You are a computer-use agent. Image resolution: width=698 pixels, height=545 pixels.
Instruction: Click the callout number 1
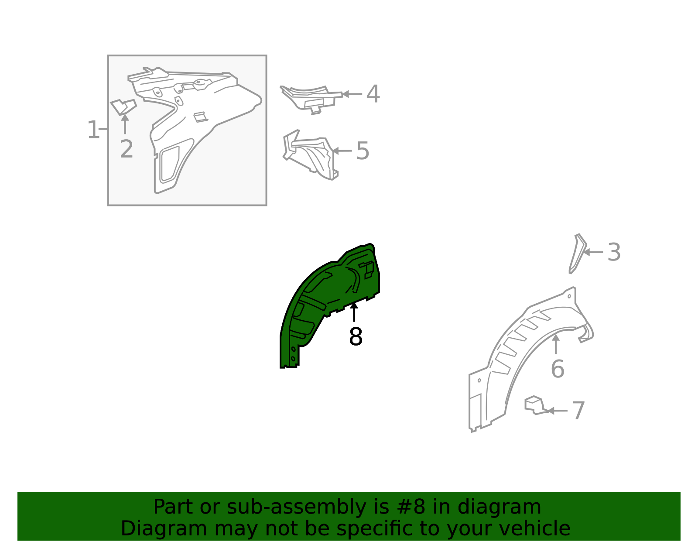(x=93, y=130)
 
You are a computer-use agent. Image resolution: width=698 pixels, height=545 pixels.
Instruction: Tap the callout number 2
(x=126, y=149)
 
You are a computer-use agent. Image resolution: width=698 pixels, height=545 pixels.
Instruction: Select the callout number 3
(x=614, y=252)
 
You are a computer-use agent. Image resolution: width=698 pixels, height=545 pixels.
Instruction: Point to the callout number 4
(x=373, y=94)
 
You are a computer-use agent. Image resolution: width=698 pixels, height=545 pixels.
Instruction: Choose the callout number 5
(x=363, y=151)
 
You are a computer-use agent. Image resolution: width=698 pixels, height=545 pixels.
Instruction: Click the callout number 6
(x=558, y=369)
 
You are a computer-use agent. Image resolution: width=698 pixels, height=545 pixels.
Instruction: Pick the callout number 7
(x=578, y=411)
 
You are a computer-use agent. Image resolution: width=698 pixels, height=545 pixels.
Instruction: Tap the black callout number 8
(x=356, y=337)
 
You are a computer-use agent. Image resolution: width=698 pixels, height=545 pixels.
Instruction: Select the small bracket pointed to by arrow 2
(x=123, y=107)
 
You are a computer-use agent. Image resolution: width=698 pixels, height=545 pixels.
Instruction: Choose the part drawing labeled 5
(x=310, y=154)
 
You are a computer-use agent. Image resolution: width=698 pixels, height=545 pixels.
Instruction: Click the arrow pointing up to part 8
(x=354, y=312)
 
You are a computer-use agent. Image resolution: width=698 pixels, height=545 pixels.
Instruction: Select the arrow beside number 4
(x=352, y=94)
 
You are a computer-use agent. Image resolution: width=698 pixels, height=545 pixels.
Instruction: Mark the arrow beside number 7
(x=557, y=411)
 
